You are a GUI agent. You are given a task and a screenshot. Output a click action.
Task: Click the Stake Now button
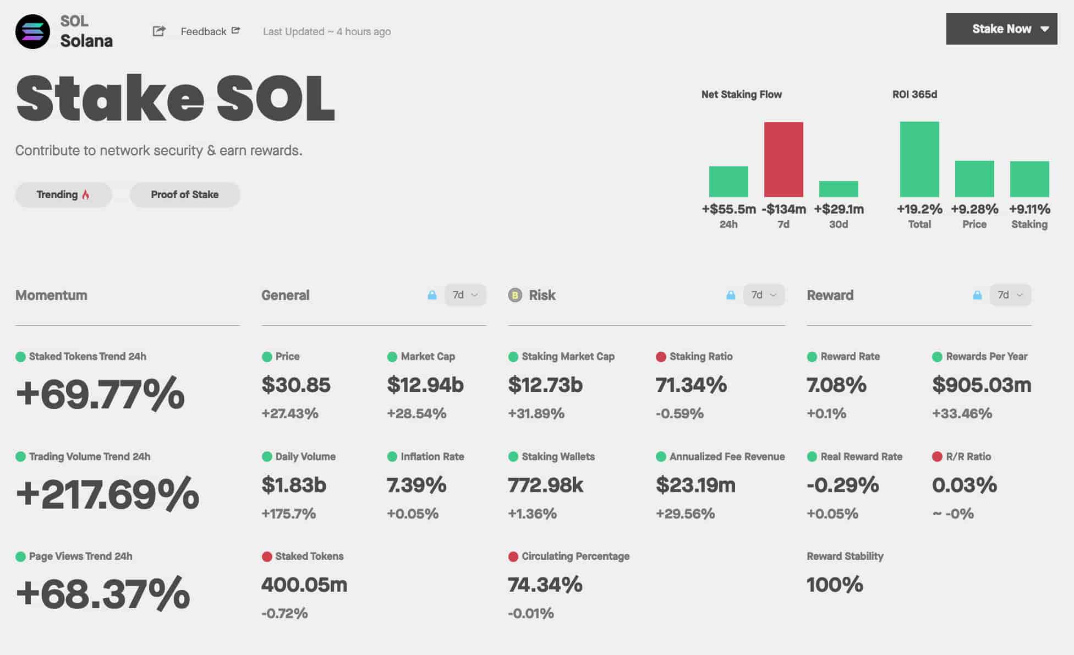1001,29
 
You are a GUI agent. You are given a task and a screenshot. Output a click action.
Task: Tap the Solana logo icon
32,32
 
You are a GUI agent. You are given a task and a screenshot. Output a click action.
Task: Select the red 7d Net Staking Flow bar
783,160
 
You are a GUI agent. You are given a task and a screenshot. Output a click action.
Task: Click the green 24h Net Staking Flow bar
728,182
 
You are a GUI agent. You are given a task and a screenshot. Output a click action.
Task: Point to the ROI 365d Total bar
919,160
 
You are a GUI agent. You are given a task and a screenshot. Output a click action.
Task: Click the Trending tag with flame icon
63,195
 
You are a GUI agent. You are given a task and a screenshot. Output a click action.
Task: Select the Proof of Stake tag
185,195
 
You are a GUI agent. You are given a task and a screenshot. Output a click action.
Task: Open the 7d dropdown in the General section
465,295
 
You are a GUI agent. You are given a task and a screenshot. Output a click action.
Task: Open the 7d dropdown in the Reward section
1010,295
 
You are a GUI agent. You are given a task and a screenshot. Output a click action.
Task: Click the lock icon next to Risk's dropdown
731,295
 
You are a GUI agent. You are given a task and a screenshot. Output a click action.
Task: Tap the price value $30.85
296,385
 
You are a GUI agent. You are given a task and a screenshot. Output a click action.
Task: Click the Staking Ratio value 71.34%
691,385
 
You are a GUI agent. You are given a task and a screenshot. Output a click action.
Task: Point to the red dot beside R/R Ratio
937,456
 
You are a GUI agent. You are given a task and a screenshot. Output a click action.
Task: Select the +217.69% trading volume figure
108,494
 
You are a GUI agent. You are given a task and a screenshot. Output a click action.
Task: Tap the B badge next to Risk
515,296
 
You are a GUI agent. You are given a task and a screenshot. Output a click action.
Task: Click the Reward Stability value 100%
834,585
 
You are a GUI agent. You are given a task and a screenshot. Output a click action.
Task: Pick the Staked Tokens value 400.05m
304,585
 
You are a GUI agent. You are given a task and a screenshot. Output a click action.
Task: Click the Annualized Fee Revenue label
727,456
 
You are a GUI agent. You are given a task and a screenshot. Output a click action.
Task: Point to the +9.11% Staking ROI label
1029,209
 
